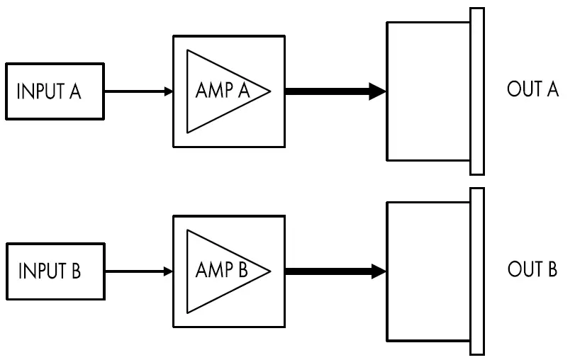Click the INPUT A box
tap(55, 91)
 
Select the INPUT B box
tap(55, 271)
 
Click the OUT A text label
tap(532, 90)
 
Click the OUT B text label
tap(532, 270)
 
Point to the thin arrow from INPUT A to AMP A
tap(138, 91)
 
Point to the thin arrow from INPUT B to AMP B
tap(138, 271)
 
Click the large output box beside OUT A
tap(428, 91)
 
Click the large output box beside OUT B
tap(428, 271)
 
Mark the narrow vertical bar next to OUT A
tap(477, 91)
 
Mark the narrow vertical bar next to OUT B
tap(477, 271)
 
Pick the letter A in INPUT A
tap(74, 92)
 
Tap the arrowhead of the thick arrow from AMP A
tap(377, 91)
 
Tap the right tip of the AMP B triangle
tap(269, 271)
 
